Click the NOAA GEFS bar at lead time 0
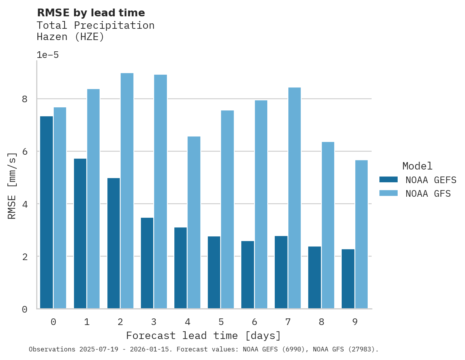click(46, 212)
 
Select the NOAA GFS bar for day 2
click(127, 191)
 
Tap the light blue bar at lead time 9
click(361, 234)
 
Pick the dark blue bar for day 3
click(147, 263)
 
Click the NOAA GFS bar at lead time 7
click(295, 198)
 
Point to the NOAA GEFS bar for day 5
click(214, 272)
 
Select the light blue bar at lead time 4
click(194, 222)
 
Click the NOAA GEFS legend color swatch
click(388, 180)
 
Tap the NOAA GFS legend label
click(428, 194)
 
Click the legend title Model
click(417, 166)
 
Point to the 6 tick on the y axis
click(25, 152)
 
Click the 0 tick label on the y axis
click(25, 309)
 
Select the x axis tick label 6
click(254, 322)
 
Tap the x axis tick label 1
click(87, 322)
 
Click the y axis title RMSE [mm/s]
click(12, 186)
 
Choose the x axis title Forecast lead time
click(203, 336)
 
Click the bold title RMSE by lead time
click(91, 13)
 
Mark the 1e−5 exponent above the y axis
click(47, 55)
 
